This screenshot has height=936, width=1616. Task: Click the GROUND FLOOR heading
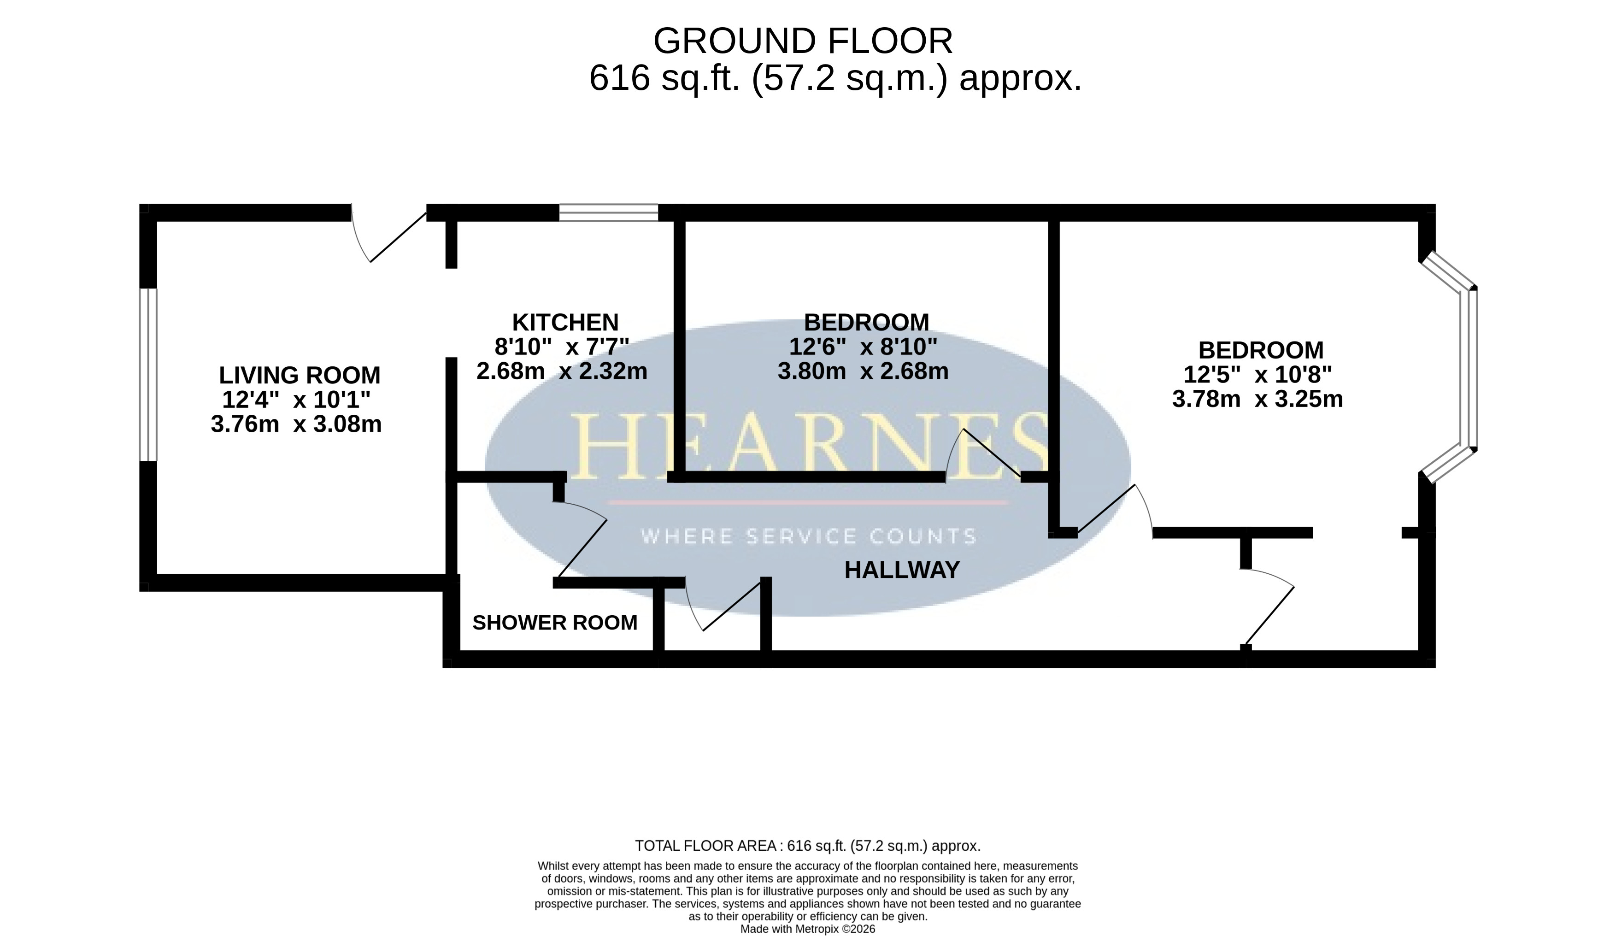coord(803,41)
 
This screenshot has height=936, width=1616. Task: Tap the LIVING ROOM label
coord(300,375)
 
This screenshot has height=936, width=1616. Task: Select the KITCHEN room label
coord(565,321)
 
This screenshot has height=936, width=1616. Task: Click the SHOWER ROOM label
coord(555,622)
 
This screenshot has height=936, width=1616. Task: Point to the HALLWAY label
coord(902,570)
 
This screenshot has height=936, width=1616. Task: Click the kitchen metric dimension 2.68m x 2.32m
coord(562,371)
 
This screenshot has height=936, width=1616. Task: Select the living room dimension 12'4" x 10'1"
coord(296,400)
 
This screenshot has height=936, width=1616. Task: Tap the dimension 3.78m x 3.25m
coord(1258,399)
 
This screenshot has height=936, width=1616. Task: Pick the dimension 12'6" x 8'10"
coord(863,347)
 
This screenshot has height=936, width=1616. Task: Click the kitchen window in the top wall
coord(609,212)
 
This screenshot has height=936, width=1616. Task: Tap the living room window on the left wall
coord(148,375)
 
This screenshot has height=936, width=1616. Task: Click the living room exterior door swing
coord(388,237)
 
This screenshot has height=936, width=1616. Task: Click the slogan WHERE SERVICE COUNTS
coord(809,536)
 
